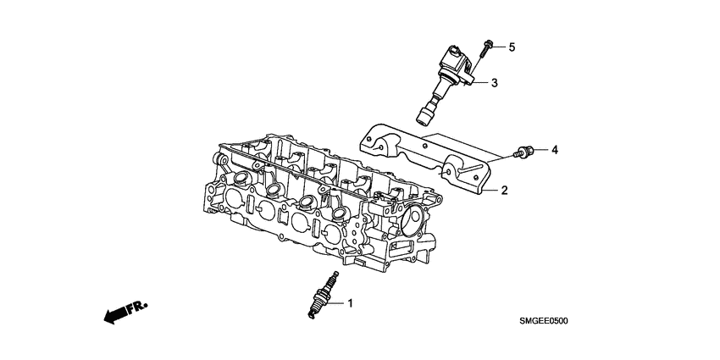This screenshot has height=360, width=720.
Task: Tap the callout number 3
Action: [495, 83]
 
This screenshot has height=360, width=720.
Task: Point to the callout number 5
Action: [511, 47]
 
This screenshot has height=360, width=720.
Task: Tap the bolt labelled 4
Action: [523, 153]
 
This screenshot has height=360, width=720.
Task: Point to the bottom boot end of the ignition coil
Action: [424, 114]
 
